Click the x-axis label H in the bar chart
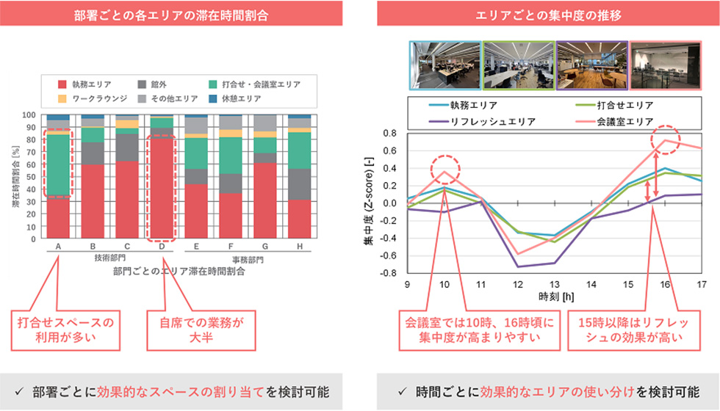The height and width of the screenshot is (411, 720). point(299,247)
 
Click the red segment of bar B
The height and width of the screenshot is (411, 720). point(92,202)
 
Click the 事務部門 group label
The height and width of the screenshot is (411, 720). point(248,259)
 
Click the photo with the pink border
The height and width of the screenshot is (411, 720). point(660,65)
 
